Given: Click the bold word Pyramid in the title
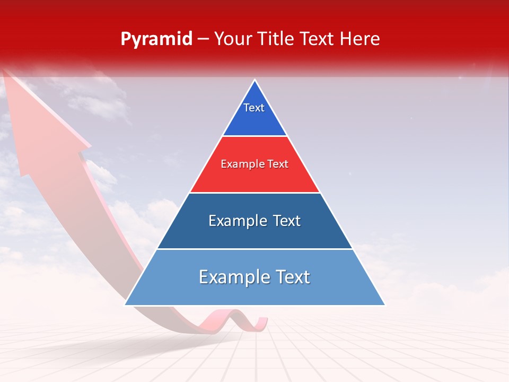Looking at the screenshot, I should pos(156,39).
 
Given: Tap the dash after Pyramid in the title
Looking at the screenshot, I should pos(203,39).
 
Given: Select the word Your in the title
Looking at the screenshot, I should pos(232,39).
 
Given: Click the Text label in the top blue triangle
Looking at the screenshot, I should pos(254,108).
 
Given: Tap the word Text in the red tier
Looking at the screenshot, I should pos(278,164).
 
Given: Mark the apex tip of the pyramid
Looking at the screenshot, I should pos(255,80).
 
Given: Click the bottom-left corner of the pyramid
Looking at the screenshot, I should pos(126,305).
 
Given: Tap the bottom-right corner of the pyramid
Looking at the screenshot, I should pos(384,305).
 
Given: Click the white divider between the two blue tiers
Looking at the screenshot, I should pos(255,249).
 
